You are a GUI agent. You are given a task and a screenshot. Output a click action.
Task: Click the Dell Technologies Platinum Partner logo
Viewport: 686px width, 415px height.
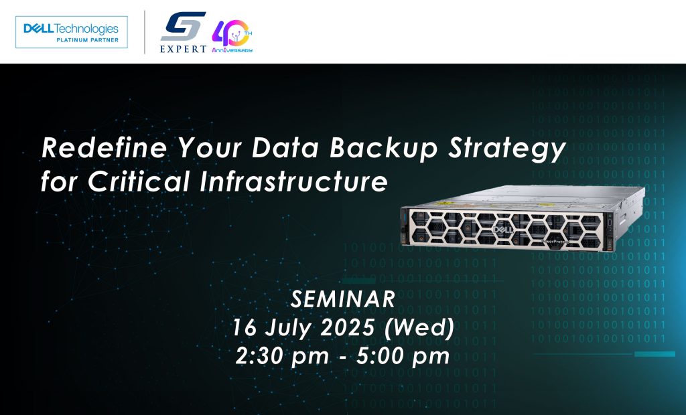tap(71, 32)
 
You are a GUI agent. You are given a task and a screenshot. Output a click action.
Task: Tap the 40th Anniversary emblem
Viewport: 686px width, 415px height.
tap(232, 36)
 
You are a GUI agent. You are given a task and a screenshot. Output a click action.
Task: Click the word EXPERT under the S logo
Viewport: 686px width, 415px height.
tap(183, 49)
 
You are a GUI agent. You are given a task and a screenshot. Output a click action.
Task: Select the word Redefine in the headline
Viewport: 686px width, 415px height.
tap(104, 147)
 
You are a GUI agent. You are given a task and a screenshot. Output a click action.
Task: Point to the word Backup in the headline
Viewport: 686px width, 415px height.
tap(383, 148)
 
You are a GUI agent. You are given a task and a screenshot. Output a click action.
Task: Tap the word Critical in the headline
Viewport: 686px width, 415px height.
tap(138, 181)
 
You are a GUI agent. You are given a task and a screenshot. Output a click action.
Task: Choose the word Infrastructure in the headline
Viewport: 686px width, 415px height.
tap(293, 181)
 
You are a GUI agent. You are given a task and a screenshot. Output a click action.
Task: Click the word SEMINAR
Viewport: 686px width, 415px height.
tap(343, 300)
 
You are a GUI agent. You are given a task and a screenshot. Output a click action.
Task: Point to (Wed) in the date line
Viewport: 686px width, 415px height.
tap(419, 327)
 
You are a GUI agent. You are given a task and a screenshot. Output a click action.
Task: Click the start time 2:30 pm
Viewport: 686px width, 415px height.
tap(282, 356)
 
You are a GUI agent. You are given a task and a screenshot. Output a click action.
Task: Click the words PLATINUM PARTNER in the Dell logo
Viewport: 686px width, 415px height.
tap(88, 39)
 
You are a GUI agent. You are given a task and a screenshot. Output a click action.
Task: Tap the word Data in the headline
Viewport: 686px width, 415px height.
tap(285, 147)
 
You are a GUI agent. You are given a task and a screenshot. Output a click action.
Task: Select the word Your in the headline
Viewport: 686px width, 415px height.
tap(210, 147)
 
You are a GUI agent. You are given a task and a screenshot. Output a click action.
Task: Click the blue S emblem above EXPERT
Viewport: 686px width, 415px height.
tap(183, 26)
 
